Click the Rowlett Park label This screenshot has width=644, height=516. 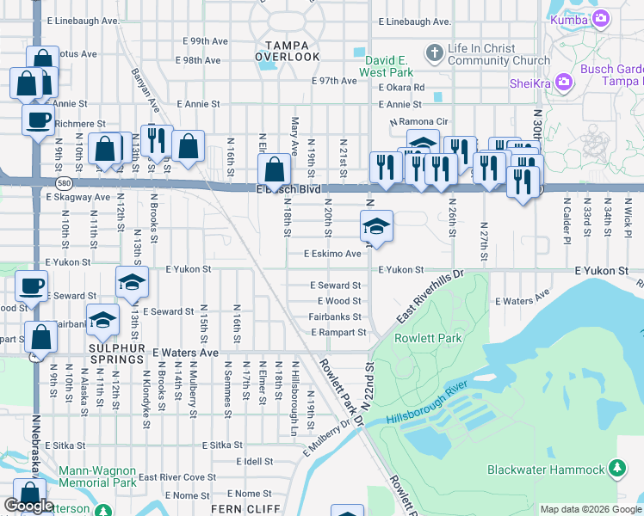pyautogui.click(x=428, y=338)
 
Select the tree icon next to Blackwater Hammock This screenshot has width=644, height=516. pyautogui.click(x=616, y=468)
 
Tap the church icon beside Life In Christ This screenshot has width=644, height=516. pyautogui.click(x=435, y=52)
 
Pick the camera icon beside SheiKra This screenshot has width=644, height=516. pyautogui.click(x=565, y=82)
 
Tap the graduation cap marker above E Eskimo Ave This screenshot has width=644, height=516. pyautogui.click(x=376, y=227)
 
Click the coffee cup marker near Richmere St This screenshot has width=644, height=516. pyautogui.click(x=37, y=120)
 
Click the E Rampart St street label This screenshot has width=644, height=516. pyautogui.click(x=338, y=332)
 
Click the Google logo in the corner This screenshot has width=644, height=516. pyautogui.click(x=28, y=506)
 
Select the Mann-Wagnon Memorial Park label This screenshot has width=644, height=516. pyautogui.click(x=97, y=476)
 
